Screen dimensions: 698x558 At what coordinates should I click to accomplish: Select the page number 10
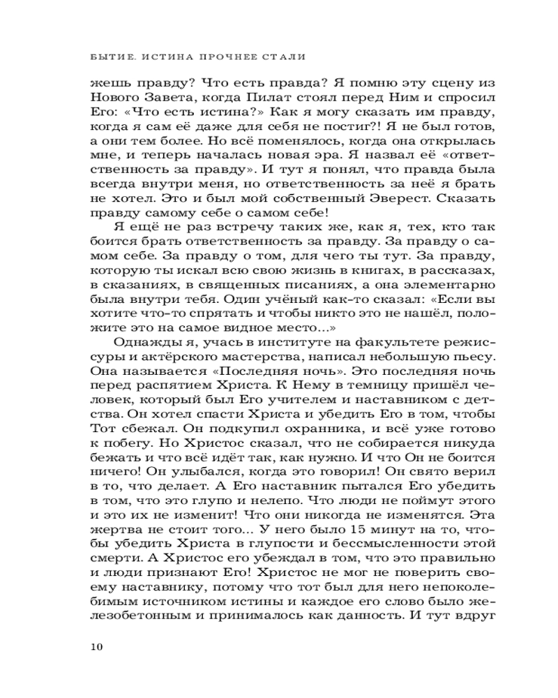pos(97,646)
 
